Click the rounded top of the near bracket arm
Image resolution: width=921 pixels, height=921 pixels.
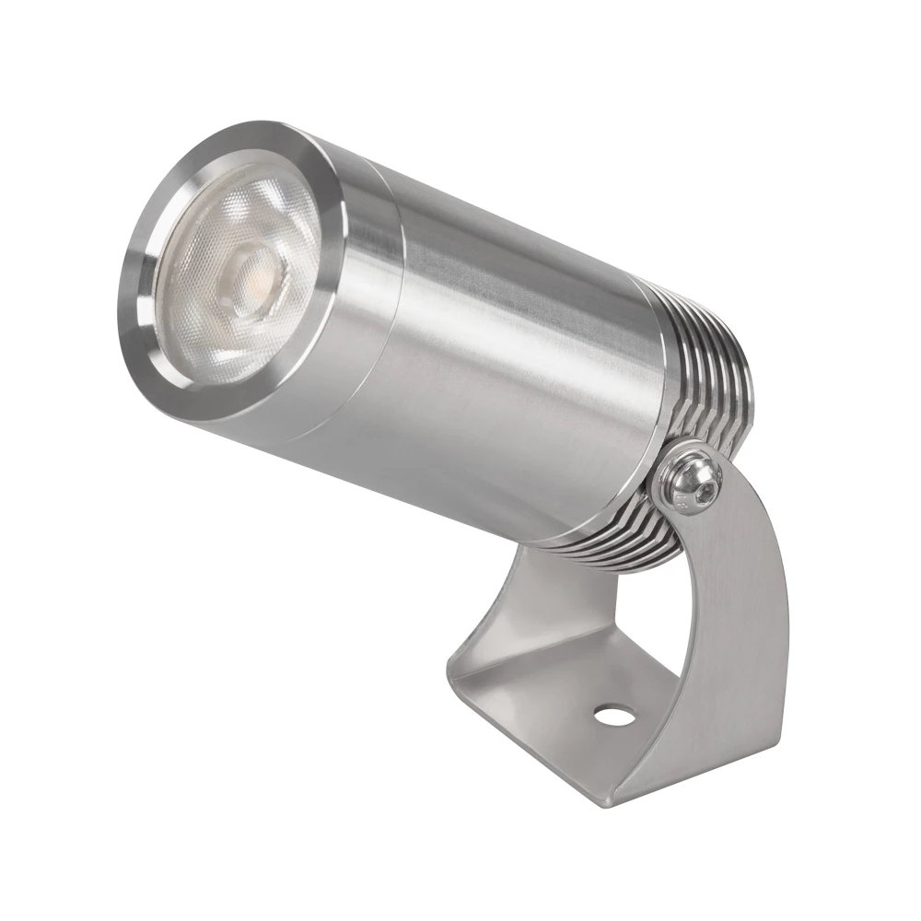coord(728,479)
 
